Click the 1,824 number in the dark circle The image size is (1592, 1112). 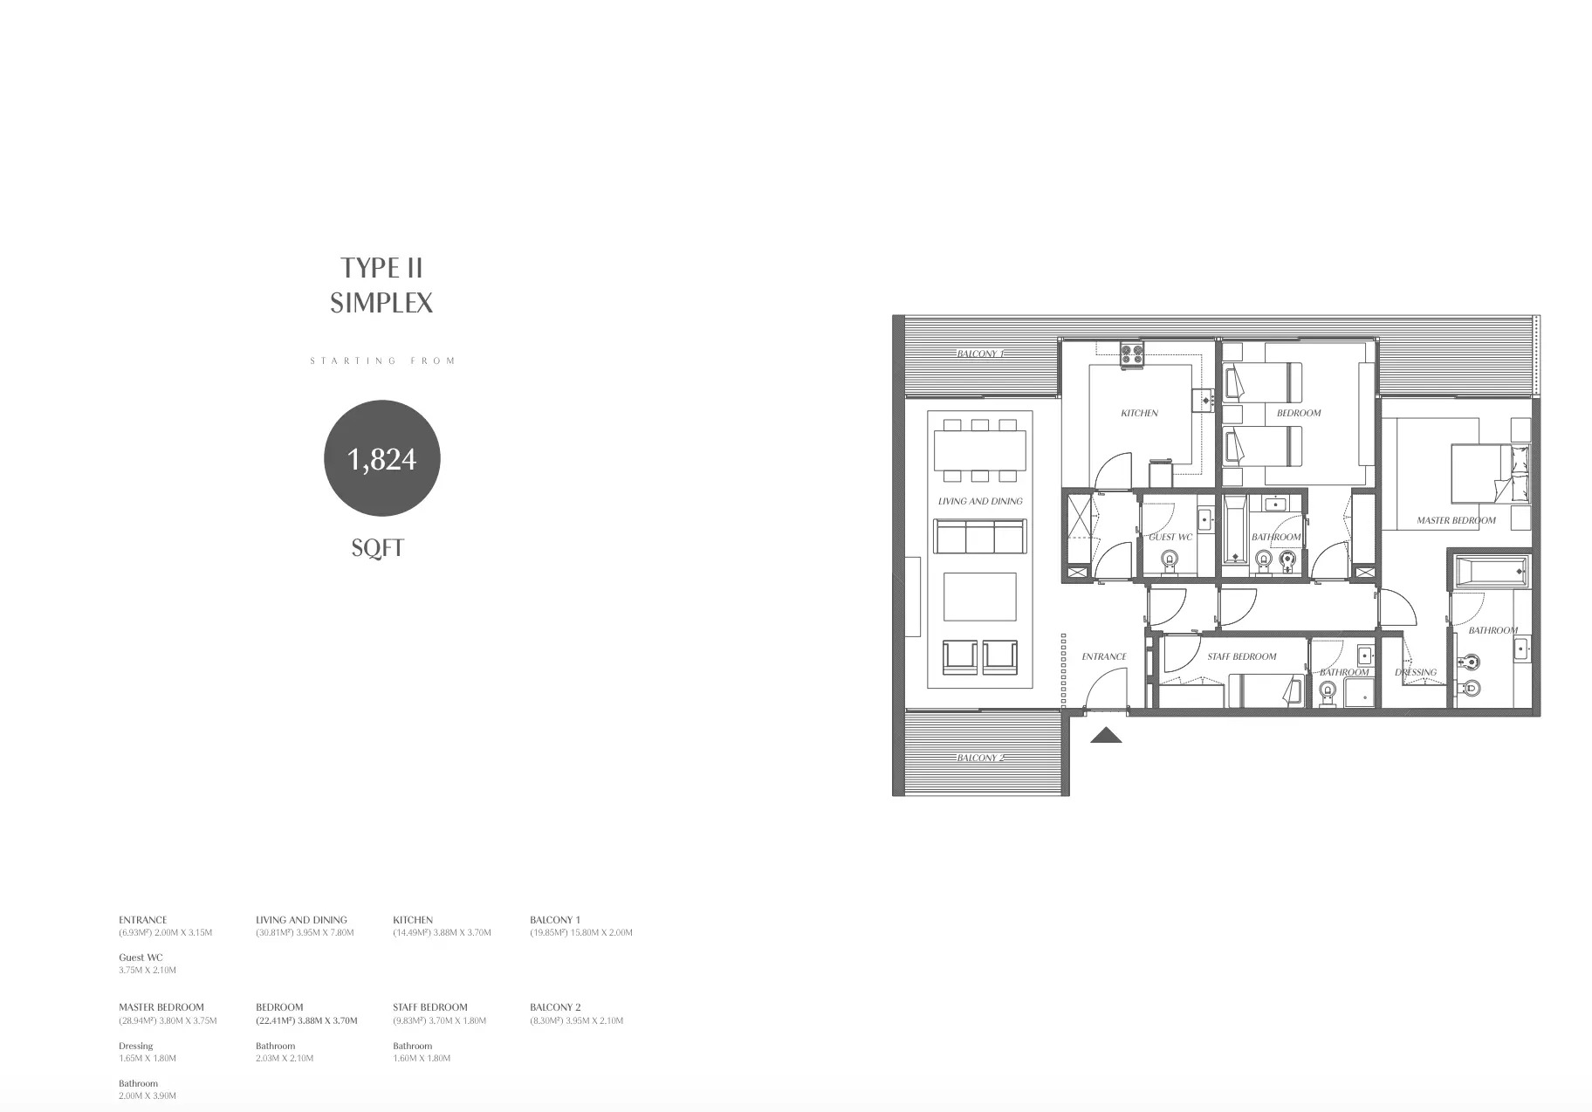point(381,459)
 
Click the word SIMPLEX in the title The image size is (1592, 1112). point(381,303)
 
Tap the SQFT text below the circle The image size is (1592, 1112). point(377,548)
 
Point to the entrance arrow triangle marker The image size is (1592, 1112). point(1106,736)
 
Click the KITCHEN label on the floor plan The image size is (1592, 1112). point(1139,413)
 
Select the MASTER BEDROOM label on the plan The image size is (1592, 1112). point(1456,520)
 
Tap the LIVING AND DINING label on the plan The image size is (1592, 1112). point(980,501)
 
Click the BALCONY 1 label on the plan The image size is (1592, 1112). point(980,354)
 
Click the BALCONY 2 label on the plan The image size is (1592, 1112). point(980,758)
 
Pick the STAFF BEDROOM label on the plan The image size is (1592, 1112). point(1241,656)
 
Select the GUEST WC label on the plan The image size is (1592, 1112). point(1170,538)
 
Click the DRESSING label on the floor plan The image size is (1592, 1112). point(1416,672)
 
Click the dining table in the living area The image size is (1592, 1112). point(980,450)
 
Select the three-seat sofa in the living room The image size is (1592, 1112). point(979,537)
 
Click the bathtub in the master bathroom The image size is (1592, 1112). point(1491,572)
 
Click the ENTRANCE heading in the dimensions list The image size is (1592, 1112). point(142,920)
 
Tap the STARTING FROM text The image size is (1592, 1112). point(382,360)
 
